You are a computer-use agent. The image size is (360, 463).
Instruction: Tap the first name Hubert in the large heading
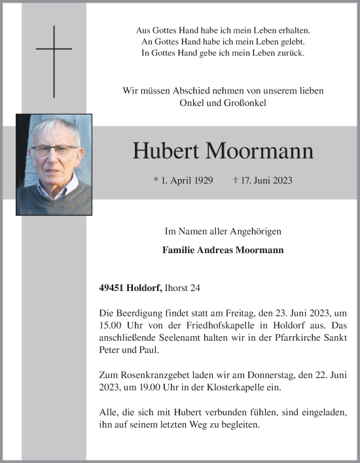[166, 151]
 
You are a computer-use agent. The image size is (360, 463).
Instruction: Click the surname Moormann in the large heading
[259, 151]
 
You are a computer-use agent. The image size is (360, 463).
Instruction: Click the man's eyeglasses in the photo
[53, 150]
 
